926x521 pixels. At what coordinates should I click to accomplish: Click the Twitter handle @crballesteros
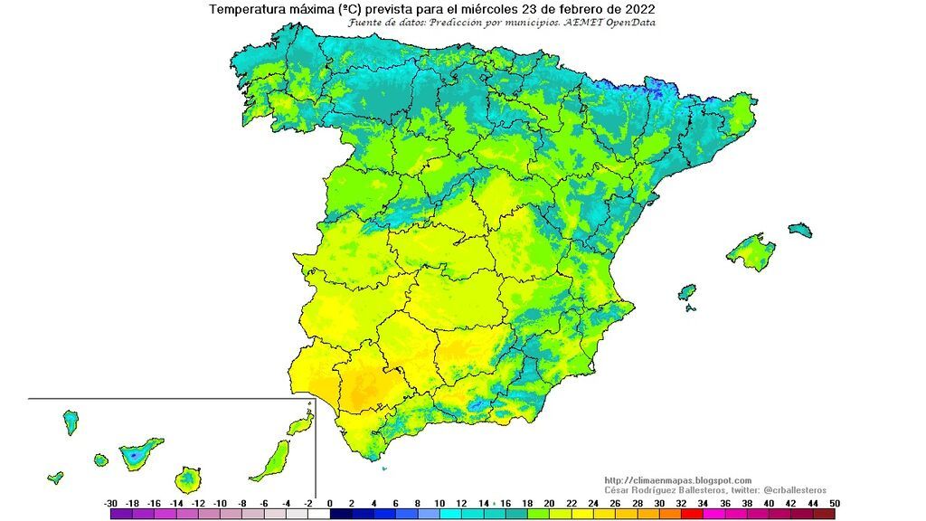coord(789,489)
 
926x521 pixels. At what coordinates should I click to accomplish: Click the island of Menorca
coord(800,231)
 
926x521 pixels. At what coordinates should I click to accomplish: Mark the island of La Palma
coord(70,422)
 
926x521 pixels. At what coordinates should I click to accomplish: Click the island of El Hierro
coord(56,477)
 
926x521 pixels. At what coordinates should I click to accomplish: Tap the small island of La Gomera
coord(100,460)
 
